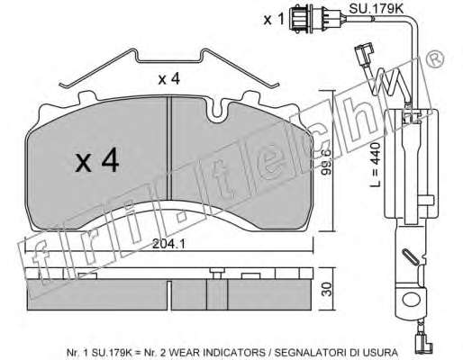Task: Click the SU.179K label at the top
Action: (377, 8)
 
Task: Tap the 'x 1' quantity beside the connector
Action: (274, 20)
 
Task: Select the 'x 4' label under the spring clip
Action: (169, 79)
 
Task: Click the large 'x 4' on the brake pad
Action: (97, 162)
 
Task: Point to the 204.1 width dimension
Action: (168, 244)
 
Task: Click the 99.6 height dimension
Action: (325, 162)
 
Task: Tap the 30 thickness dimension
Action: (327, 289)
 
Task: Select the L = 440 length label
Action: (375, 165)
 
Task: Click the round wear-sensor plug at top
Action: (298, 19)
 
